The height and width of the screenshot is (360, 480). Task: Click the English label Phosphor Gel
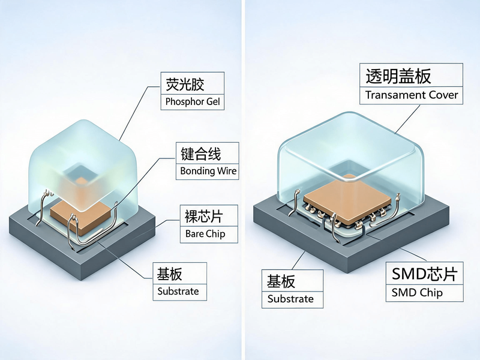click(x=193, y=101)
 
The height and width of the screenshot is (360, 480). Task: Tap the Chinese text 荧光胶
click(x=185, y=84)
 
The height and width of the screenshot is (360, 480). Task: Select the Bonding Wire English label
click(x=208, y=171)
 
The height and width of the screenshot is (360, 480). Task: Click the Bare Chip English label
click(x=205, y=234)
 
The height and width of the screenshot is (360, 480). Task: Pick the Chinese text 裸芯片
click(x=203, y=217)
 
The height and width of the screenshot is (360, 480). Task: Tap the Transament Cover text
click(x=412, y=95)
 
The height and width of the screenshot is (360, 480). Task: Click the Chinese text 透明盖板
click(x=398, y=76)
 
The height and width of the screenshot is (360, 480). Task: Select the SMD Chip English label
click(x=417, y=293)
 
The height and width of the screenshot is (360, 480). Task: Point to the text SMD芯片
click(x=425, y=274)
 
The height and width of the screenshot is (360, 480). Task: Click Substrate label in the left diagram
click(x=178, y=291)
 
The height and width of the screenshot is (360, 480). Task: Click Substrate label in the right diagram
click(x=290, y=299)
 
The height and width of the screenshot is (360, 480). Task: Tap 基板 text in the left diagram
click(x=169, y=274)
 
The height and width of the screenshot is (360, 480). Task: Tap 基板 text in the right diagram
click(x=281, y=281)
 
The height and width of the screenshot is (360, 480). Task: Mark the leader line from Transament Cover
click(x=407, y=119)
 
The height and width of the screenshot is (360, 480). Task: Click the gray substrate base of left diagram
click(x=82, y=260)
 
